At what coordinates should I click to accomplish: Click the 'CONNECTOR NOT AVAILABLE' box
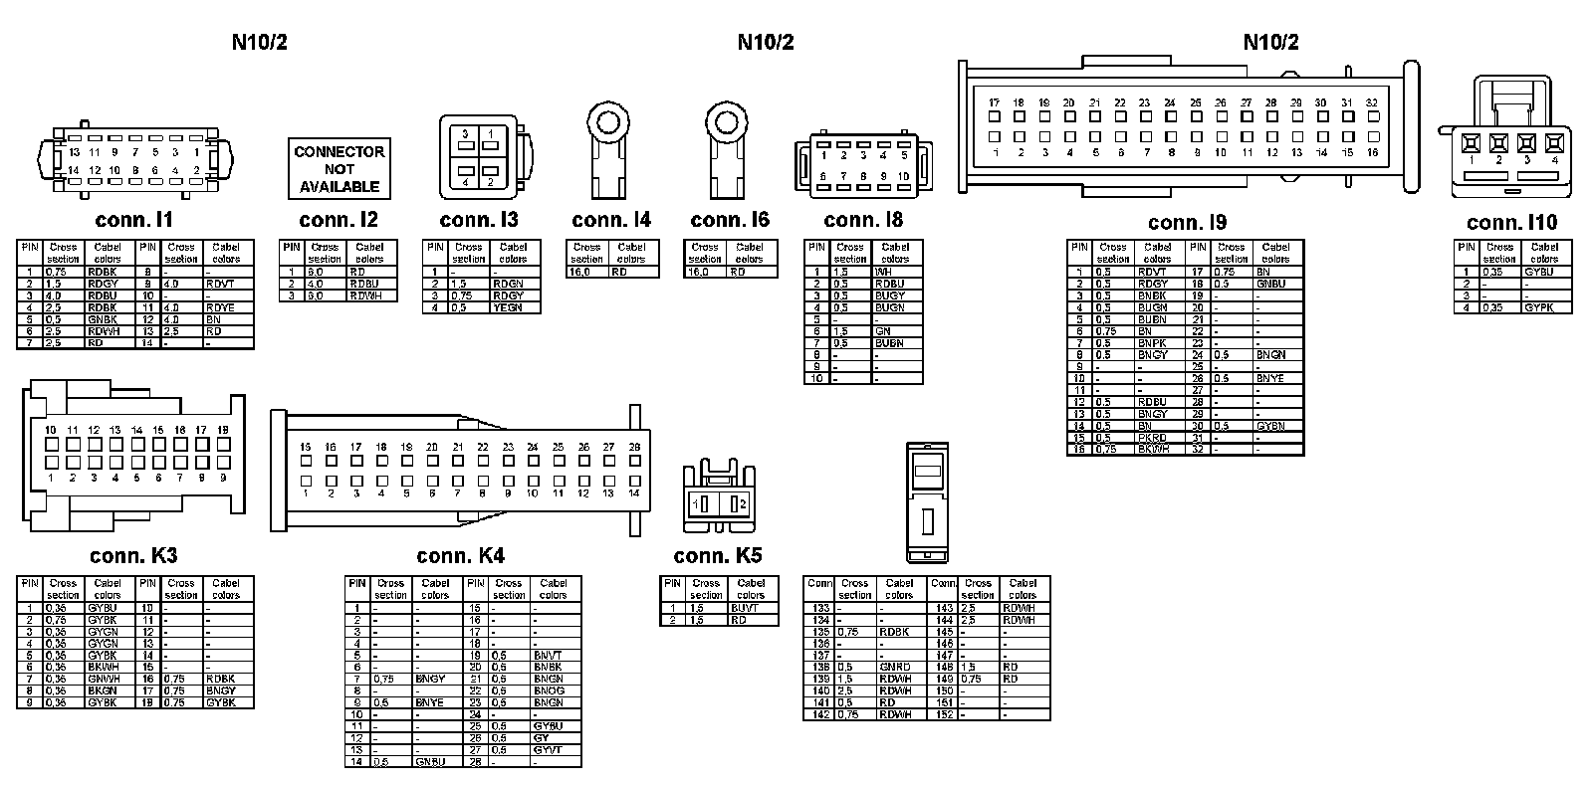pos(339,169)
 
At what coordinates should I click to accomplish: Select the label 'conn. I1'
pos(134,220)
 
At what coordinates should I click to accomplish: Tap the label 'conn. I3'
pos(479,220)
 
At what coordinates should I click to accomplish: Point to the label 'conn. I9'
pos(1187,223)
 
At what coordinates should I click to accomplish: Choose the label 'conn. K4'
pos(460,556)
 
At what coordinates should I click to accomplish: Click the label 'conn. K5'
pos(718,556)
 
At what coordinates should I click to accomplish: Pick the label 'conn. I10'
pos(1511,223)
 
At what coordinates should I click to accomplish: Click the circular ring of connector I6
pos(723,122)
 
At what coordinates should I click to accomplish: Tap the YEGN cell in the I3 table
pos(508,307)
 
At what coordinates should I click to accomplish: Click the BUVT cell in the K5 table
pos(745,608)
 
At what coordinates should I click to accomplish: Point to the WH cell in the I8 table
pos(883,272)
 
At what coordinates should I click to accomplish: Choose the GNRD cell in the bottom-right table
pos(895,667)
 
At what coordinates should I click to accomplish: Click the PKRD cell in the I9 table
pos(1153,438)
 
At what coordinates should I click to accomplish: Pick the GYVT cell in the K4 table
pos(549,750)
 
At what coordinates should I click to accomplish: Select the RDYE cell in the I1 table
pos(221,307)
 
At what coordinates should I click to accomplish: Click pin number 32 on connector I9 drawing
pos(1371,102)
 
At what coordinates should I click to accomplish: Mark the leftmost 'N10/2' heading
pos(259,42)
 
